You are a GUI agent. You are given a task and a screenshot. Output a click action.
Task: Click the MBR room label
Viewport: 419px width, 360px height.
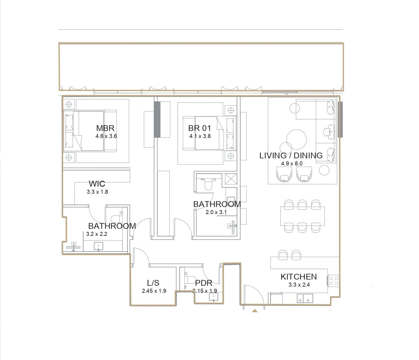tap(105, 128)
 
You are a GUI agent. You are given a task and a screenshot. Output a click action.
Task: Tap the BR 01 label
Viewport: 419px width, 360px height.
tap(199, 128)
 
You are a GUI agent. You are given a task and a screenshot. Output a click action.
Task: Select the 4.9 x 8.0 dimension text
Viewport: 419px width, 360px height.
tap(292, 164)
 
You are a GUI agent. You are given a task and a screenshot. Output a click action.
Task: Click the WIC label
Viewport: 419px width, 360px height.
tap(97, 184)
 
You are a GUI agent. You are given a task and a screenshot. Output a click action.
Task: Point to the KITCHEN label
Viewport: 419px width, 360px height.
tap(299, 277)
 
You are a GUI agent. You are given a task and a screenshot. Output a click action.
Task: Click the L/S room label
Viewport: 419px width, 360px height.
tap(153, 283)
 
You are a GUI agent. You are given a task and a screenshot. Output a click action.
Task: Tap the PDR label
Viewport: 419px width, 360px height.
tap(204, 283)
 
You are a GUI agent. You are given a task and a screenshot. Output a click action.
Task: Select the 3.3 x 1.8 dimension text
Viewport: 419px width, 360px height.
tap(97, 192)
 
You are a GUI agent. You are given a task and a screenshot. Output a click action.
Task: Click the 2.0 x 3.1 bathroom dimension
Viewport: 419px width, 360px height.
tap(216, 212)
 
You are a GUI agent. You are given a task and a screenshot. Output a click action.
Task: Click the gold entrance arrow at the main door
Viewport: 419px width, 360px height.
tap(255, 310)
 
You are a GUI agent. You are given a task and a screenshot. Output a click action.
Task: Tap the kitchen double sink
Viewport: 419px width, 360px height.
tap(305, 298)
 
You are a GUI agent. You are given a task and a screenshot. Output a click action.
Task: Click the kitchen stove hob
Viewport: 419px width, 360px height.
tap(334, 280)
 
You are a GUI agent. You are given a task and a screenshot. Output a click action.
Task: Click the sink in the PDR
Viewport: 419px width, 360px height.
tap(213, 297)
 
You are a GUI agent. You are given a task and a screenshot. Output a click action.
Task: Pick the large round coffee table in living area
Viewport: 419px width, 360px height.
tap(296, 139)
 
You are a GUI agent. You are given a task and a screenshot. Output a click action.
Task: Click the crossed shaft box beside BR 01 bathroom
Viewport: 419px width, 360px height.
tap(231, 179)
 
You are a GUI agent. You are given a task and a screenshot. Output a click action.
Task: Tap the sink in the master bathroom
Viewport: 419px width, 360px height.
tap(99, 246)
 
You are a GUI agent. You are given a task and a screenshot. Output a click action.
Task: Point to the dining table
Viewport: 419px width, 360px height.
tap(302, 216)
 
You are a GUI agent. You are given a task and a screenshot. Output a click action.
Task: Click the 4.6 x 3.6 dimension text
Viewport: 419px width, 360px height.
tap(106, 136)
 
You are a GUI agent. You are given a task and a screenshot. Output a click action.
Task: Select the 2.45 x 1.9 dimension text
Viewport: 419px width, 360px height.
tap(154, 291)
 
